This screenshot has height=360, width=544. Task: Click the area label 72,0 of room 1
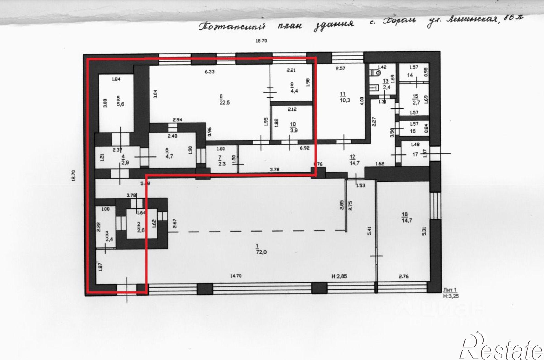coord(261,252)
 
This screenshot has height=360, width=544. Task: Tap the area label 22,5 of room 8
coord(225,103)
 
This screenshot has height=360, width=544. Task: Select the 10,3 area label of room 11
coord(345,100)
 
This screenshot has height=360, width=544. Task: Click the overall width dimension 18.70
coord(261,41)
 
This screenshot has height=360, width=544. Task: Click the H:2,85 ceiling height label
coord(339,276)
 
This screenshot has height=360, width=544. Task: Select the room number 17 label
coord(415,154)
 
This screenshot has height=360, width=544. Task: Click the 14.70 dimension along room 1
coord(236,276)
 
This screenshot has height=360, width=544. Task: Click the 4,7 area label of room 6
coord(169,156)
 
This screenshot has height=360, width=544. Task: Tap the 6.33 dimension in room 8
coord(209,72)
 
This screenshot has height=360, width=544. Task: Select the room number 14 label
coord(410,75)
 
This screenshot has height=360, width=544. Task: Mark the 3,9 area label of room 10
coord(293,130)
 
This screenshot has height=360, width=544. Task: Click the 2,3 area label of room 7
coord(222,164)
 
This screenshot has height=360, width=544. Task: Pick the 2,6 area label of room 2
coord(141,230)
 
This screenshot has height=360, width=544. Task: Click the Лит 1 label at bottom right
coord(450,290)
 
